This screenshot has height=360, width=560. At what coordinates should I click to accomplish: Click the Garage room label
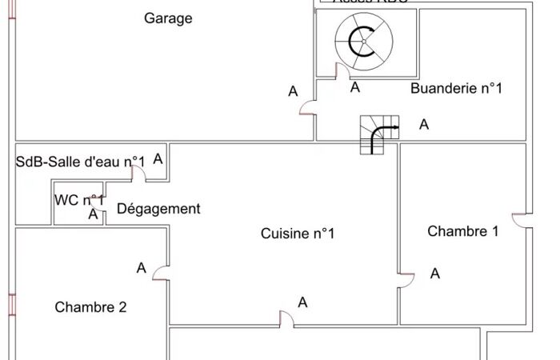168,18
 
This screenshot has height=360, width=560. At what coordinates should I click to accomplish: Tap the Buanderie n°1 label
456,88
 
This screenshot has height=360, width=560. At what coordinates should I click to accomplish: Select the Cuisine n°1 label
298,234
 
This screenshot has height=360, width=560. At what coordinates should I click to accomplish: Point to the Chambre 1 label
463,231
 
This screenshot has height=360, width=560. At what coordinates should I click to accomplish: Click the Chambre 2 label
90,306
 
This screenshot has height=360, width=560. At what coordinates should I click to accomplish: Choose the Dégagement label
158,209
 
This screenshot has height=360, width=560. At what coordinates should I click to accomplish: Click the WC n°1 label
79,200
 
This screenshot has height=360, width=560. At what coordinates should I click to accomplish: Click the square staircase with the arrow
378,134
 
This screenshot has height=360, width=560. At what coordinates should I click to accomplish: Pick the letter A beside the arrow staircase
424,125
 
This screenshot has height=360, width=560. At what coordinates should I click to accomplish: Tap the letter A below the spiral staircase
355,87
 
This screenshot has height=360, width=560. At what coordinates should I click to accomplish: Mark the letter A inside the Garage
293,92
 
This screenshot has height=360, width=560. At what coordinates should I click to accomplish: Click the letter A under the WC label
93,214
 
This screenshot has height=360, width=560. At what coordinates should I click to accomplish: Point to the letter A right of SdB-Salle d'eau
158,158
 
